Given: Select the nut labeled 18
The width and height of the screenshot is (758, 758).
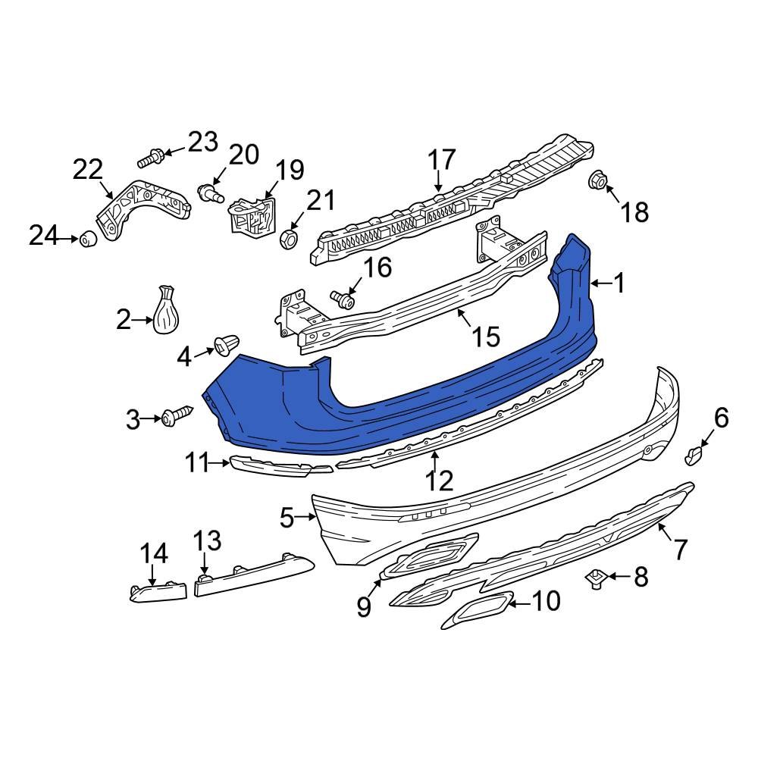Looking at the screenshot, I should (597, 180).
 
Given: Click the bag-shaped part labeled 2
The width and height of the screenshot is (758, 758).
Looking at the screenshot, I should (166, 312).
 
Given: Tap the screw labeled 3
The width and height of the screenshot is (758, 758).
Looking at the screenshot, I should (174, 416).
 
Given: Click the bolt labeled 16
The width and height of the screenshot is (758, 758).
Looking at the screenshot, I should (344, 301).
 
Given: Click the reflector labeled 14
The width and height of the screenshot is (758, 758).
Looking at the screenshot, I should (158, 590).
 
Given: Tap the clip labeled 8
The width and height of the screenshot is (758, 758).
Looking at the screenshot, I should (595, 581).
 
